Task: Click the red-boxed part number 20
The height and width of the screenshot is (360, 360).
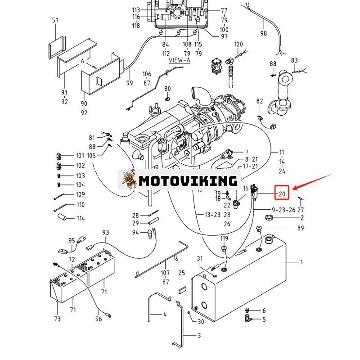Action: pos(282,194)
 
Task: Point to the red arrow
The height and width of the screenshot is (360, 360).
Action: pos(312,182)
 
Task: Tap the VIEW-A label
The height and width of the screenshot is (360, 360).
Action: pos(179,60)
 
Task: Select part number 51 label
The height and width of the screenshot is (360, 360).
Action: pos(55,20)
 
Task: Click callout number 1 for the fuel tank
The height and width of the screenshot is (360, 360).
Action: pos(301,262)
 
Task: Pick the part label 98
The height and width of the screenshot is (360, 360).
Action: pos(264,33)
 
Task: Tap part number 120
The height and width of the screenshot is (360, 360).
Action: pos(238,44)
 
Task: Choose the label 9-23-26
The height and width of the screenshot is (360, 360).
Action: pos(283,209)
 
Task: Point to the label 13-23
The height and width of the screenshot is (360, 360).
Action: pos(212,215)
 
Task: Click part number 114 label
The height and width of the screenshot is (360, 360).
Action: pos(80,218)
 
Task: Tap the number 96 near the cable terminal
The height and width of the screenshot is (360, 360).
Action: pos(99,319)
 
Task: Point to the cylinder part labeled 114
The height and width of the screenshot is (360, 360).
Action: pos(61,217)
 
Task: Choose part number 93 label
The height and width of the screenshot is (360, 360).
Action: pos(106,233)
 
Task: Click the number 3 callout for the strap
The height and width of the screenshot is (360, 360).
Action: pos(199,336)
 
